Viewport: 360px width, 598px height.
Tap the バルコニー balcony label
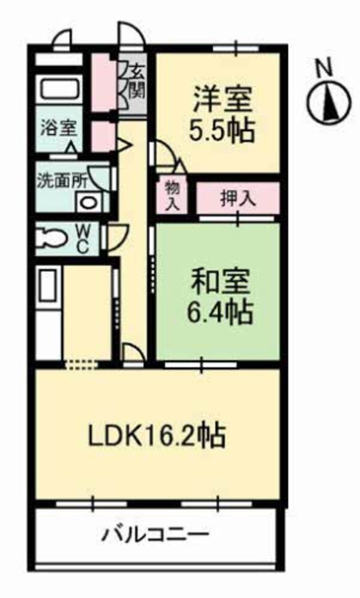pos(156,533)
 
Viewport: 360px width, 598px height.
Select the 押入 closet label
pos(238,199)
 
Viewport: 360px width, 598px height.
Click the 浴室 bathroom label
pos(58,127)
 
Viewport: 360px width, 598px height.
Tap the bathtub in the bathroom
pos(59,90)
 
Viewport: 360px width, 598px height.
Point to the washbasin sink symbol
pos(88,203)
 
